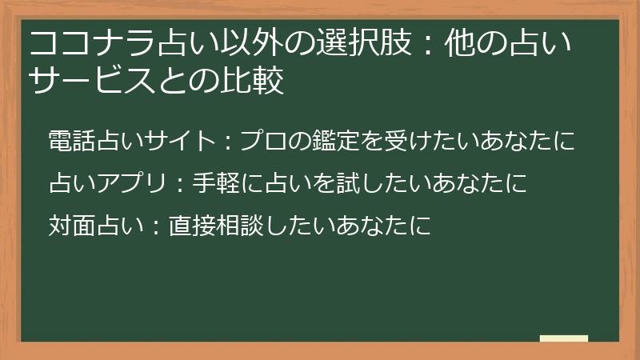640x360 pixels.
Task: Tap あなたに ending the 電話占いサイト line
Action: point(534,142)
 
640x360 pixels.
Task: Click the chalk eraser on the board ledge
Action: point(563,338)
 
